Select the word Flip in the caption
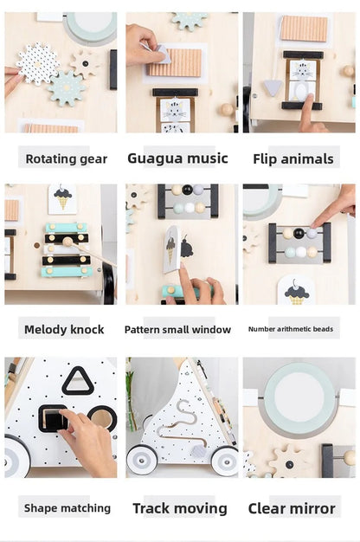(264, 159)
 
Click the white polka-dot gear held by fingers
(37, 63)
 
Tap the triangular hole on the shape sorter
(77, 381)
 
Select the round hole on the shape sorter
(101, 418)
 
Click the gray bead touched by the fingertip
(312, 233)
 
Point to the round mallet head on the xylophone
(67, 242)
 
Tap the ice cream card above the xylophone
(62, 198)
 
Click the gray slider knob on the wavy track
(198, 451)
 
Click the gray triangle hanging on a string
(273, 87)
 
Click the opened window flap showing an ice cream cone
(171, 248)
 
